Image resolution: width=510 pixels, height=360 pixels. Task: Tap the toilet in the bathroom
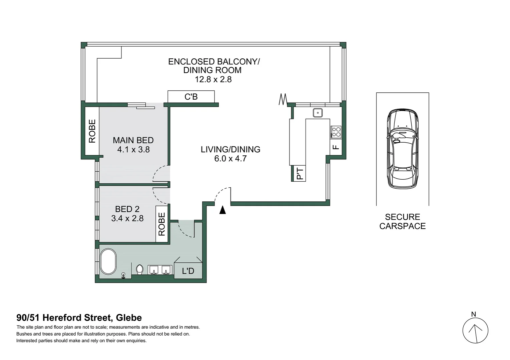[x=140, y=269]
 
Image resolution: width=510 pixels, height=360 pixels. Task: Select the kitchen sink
[x=318, y=113]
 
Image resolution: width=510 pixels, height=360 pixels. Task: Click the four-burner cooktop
[x=336, y=132]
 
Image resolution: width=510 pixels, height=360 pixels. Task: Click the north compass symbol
[x=475, y=331]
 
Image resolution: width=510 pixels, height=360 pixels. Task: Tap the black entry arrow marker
[x=222, y=210]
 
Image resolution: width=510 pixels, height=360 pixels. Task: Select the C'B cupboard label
[x=191, y=97]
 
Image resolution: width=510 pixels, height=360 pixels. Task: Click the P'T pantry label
[x=300, y=174]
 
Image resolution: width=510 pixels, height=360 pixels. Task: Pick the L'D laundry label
[x=188, y=271]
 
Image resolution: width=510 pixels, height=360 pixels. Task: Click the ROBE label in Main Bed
[x=92, y=131]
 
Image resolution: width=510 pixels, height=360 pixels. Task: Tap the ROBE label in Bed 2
[x=162, y=224]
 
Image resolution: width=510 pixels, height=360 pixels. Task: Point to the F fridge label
[x=336, y=147]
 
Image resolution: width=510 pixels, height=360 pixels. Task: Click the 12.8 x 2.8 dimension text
[x=213, y=79]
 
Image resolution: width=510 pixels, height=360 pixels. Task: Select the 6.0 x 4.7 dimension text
[x=230, y=159]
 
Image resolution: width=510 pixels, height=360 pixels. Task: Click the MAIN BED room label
[x=133, y=140]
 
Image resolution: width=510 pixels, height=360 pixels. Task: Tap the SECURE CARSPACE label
[x=402, y=222]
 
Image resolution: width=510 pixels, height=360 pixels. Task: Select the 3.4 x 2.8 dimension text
[x=127, y=218]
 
